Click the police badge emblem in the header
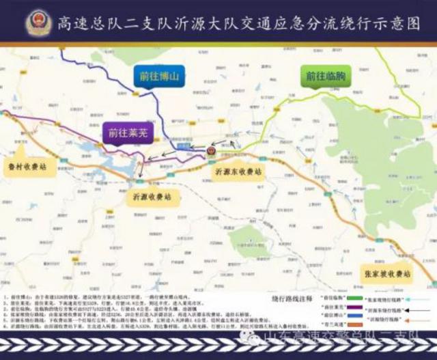coord(37,22)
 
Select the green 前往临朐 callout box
coord(324,77)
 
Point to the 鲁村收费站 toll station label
coord(27,167)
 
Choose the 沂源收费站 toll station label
coord(152,197)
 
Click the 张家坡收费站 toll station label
coord(387,273)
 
